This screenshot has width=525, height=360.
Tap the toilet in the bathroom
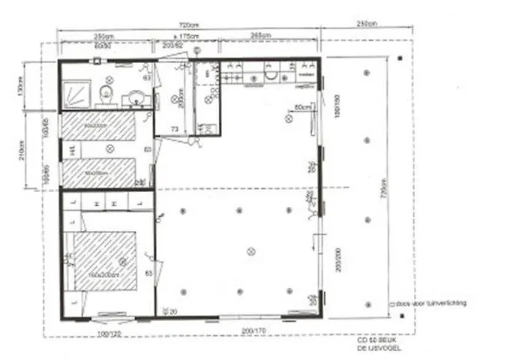(x=106, y=93)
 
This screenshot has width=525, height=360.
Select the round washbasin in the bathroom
(x=136, y=97)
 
